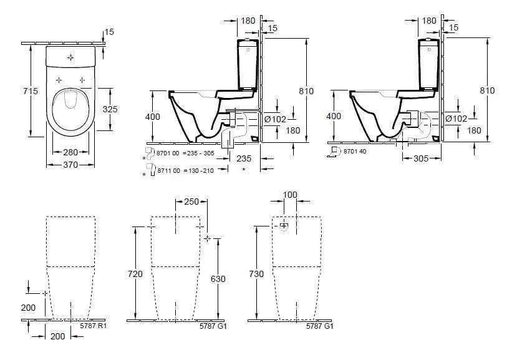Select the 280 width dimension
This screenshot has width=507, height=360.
pyautogui.click(x=71, y=152)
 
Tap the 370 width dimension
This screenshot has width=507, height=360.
pyautogui.click(x=71, y=165)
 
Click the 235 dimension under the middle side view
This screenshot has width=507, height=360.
pyautogui.click(x=244, y=158)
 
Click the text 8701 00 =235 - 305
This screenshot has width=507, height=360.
pyautogui.click(x=178, y=152)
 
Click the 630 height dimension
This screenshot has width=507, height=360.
pyautogui.click(x=218, y=279)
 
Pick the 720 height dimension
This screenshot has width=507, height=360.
pyautogui.click(x=135, y=274)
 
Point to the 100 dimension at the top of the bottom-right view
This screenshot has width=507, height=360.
pyautogui.click(x=290, y=195)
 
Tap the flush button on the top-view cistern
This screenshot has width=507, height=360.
pyautogui.click(x=71, y=57)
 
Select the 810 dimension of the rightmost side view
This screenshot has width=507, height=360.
pyautogui.click(x=487, y=91)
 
